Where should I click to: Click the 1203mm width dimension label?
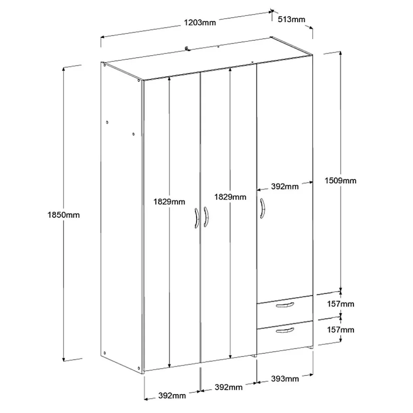click(x=200, y=23)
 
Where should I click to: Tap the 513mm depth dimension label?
click(x=291, y=19)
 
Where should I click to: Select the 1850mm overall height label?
click(x=63, y=215)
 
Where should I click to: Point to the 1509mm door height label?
click(x=340, y=181)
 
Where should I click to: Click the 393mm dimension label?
click(x=285, y=379)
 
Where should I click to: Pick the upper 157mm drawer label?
click(x=340, y=304)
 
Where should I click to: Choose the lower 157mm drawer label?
click(x=340, y=330)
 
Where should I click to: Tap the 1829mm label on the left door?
click(x=169, y=202)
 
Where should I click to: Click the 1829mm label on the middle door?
click(x=230, y=197)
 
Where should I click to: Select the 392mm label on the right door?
click(x=285, y=186)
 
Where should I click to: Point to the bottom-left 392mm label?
click(x=172, y=396)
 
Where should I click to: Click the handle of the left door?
click(x=197, y=218)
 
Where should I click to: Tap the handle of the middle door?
click(x=206, y=217)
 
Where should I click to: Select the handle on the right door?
click(x=262, y=209)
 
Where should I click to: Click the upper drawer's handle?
click(x=285, y=305)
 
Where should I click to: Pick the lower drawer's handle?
click(x=285, y=330)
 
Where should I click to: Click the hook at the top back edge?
click(x=188, y=48)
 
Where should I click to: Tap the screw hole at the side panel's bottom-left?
click(x=104, y=353)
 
